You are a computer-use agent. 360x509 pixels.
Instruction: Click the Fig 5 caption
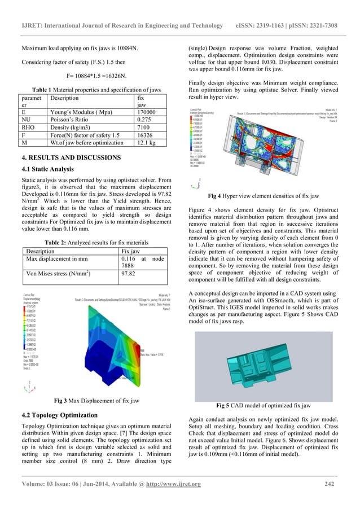pos(263,405)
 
